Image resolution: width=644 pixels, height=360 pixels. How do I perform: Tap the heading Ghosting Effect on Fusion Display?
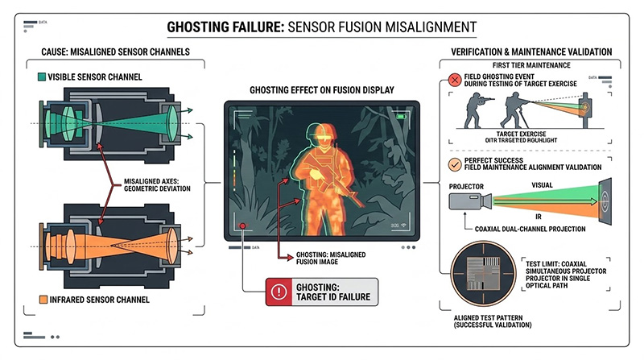[x=321, y=89]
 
